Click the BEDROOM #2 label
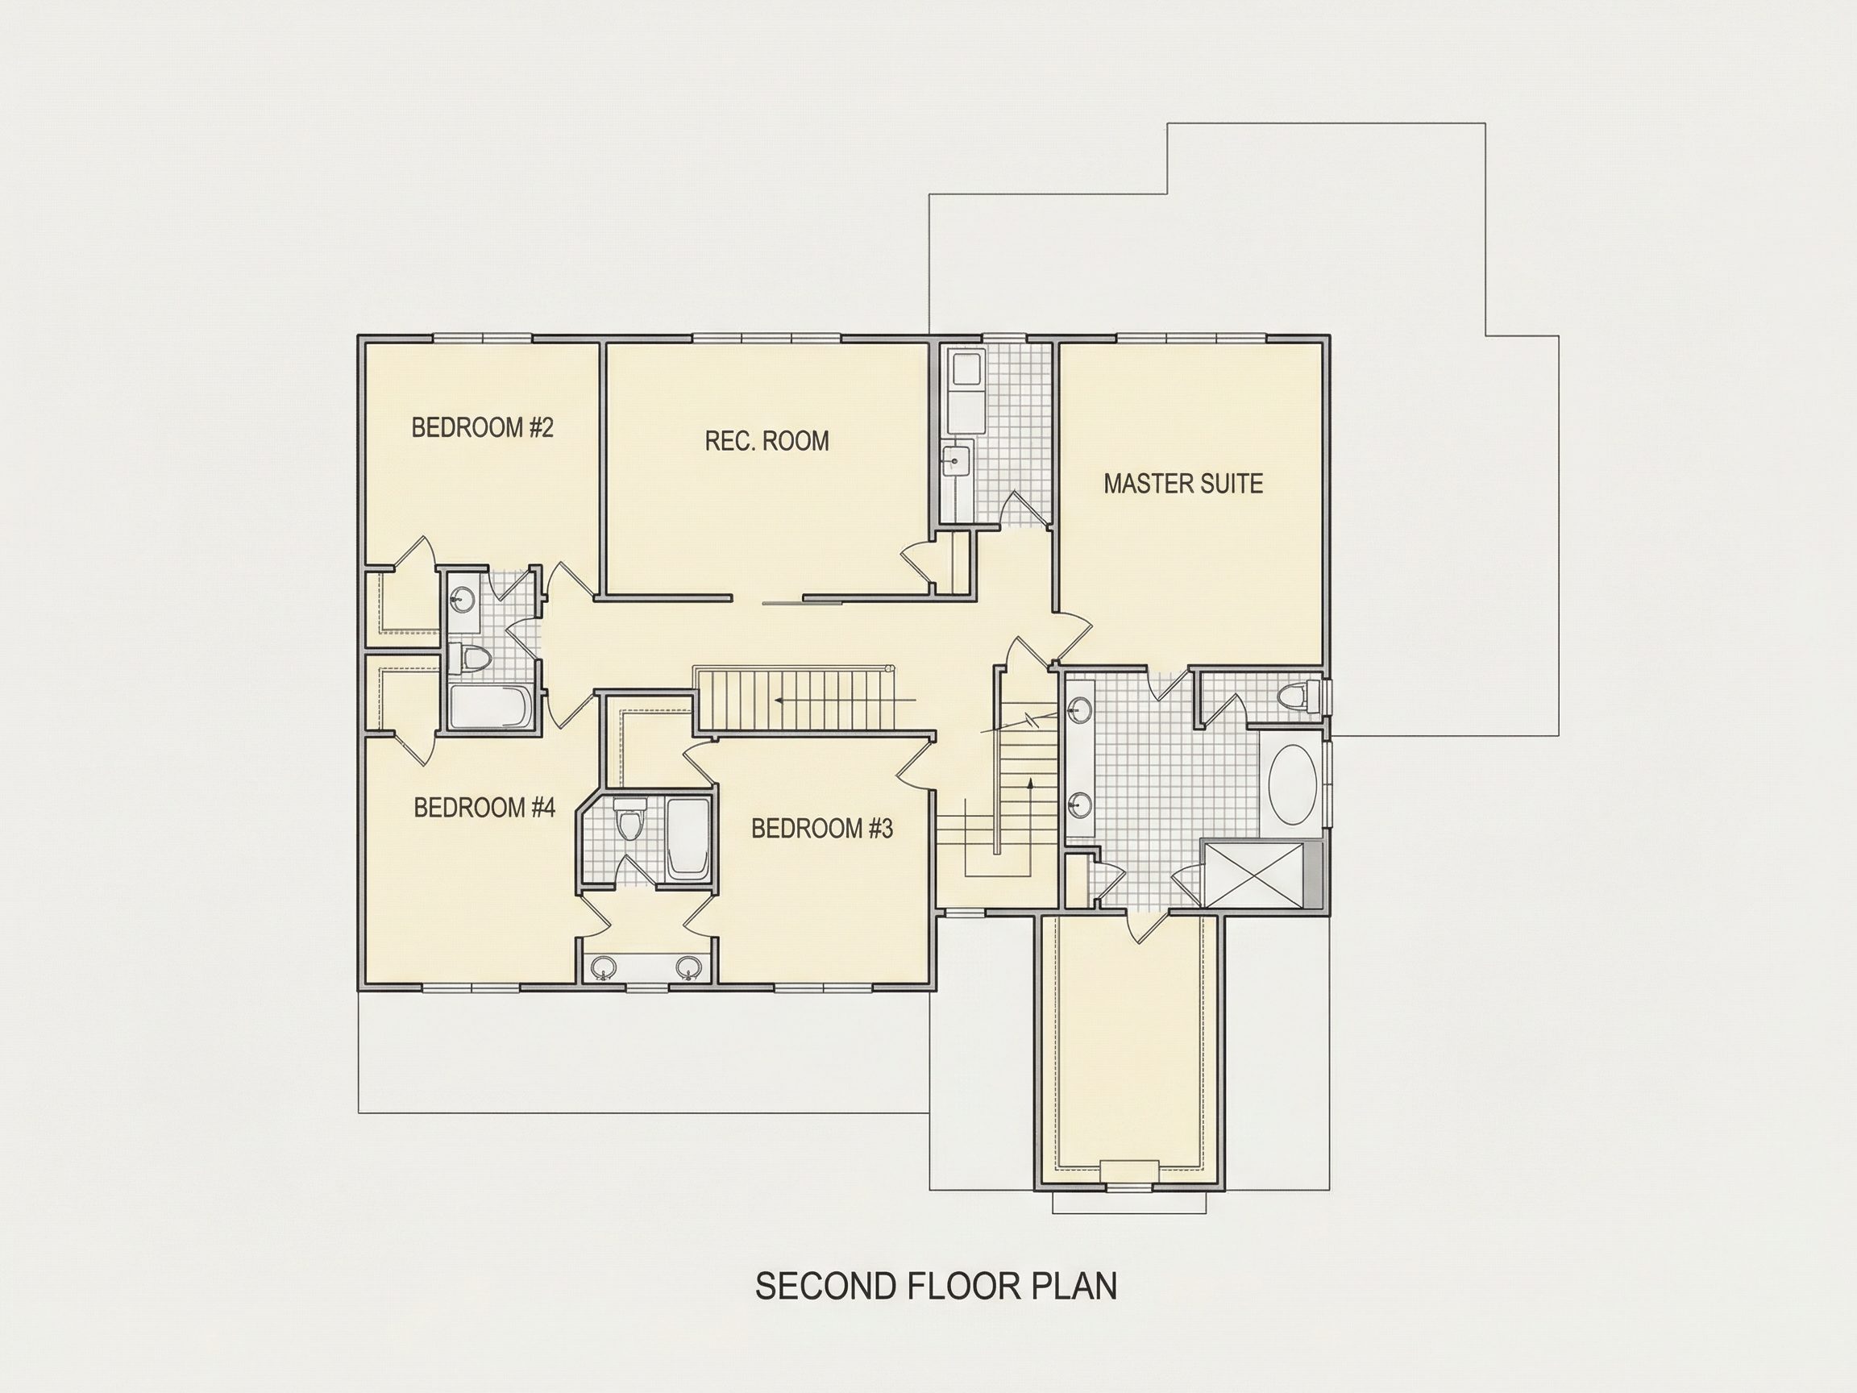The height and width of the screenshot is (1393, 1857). point(482,427)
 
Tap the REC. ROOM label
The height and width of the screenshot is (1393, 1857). point(766,441)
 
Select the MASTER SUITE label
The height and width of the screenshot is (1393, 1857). point(1183,484)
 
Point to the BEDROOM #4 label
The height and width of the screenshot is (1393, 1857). point(484,808)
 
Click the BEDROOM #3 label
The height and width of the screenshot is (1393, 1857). point(822,829)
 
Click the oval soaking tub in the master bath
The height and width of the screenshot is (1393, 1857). point(1293,786)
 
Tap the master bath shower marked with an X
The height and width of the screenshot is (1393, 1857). point(1253,875)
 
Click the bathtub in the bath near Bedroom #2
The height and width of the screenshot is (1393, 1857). point(489,708)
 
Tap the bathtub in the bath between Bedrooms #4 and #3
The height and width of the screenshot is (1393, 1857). point(688,839)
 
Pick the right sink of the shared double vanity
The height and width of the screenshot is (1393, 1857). point(688,969)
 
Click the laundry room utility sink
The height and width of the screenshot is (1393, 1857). point(955,461)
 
